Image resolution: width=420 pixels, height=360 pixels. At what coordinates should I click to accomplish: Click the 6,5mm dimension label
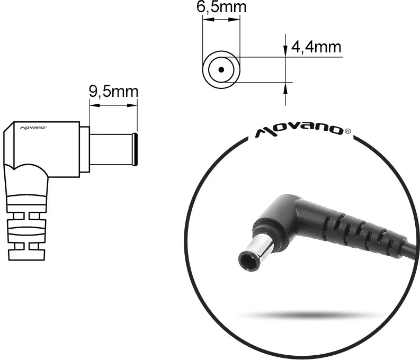click(x=221, y=7)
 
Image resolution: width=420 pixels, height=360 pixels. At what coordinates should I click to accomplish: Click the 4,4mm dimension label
click(x=316, y=47)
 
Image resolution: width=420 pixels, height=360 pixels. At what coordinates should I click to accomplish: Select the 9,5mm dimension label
click(x=113, y=92)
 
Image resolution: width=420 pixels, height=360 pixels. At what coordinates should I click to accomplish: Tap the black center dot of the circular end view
click(x=221, y=70)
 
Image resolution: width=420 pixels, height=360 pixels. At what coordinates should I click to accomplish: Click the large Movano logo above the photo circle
click(x=299, y=131)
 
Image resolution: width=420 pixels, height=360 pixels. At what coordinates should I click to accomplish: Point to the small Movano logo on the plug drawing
click(x=33, y=128)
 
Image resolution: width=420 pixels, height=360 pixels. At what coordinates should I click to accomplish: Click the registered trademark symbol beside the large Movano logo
click(x=347, y=131)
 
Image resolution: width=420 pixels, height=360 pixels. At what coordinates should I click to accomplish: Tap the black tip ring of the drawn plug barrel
click(x=136, y=149)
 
